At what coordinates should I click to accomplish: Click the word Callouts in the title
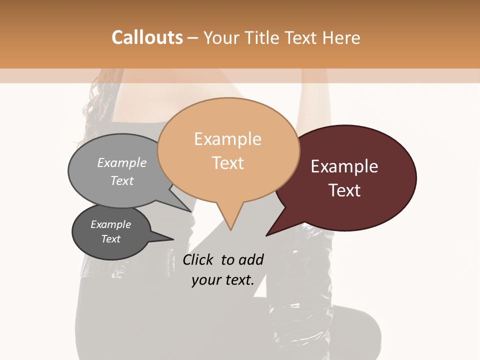147,37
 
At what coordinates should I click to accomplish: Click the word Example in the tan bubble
227,139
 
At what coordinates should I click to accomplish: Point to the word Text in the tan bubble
227,163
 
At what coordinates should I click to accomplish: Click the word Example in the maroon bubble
344,166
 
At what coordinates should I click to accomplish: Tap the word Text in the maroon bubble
344,190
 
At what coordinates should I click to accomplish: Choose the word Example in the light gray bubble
122,162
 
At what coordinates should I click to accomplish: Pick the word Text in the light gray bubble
122,180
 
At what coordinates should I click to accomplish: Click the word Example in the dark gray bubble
110,224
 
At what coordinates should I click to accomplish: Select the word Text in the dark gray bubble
110,239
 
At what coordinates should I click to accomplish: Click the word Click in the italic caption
198,259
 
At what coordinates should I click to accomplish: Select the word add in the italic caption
251,259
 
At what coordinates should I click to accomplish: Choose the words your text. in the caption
223,280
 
